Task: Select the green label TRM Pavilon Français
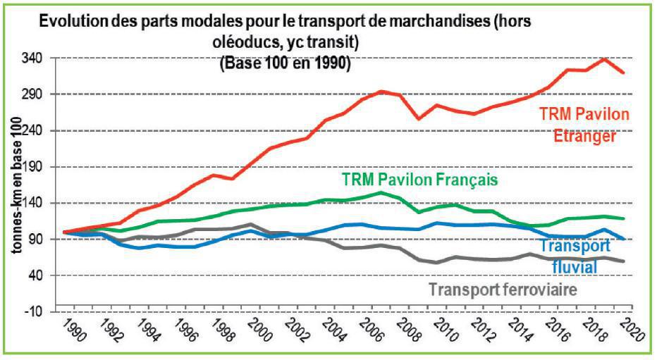[x=420, y=179]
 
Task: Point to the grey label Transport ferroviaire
[x=503, y=290]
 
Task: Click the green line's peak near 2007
[x=381, y=192]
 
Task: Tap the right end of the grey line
[x=623, y=261]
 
